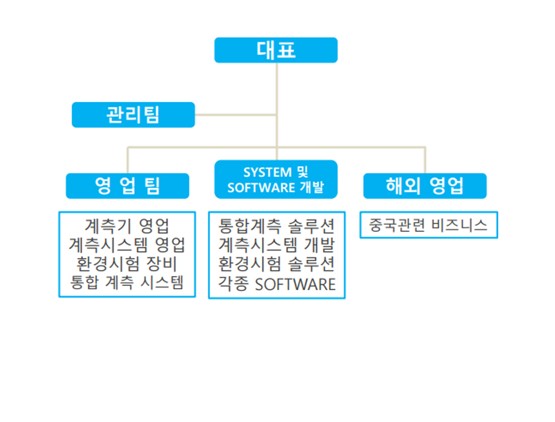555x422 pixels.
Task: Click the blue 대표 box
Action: [276, 50]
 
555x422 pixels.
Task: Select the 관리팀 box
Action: [133, 115]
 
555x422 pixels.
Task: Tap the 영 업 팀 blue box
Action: [127, 186]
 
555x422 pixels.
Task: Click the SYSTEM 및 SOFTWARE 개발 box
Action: [276, 179]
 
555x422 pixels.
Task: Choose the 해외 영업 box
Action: [425, 186]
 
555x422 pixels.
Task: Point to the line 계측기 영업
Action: [127, 226]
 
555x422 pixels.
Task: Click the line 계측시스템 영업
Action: [127, 245]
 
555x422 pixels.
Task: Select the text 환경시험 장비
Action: [127, 264]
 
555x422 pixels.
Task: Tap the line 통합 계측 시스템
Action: [127, 283]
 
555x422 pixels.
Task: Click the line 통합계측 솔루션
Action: [276, 227]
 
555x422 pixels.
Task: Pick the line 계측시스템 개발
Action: [276, 245]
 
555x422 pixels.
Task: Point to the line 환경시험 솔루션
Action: [276, 264]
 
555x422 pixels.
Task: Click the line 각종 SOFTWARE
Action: [276, 284]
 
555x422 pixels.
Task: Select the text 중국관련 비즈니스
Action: [428, 225]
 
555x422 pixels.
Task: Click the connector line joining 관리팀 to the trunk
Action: [235, 115]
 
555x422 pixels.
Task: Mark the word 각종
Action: [234, 284]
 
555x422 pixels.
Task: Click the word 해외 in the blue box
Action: [403, 186]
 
